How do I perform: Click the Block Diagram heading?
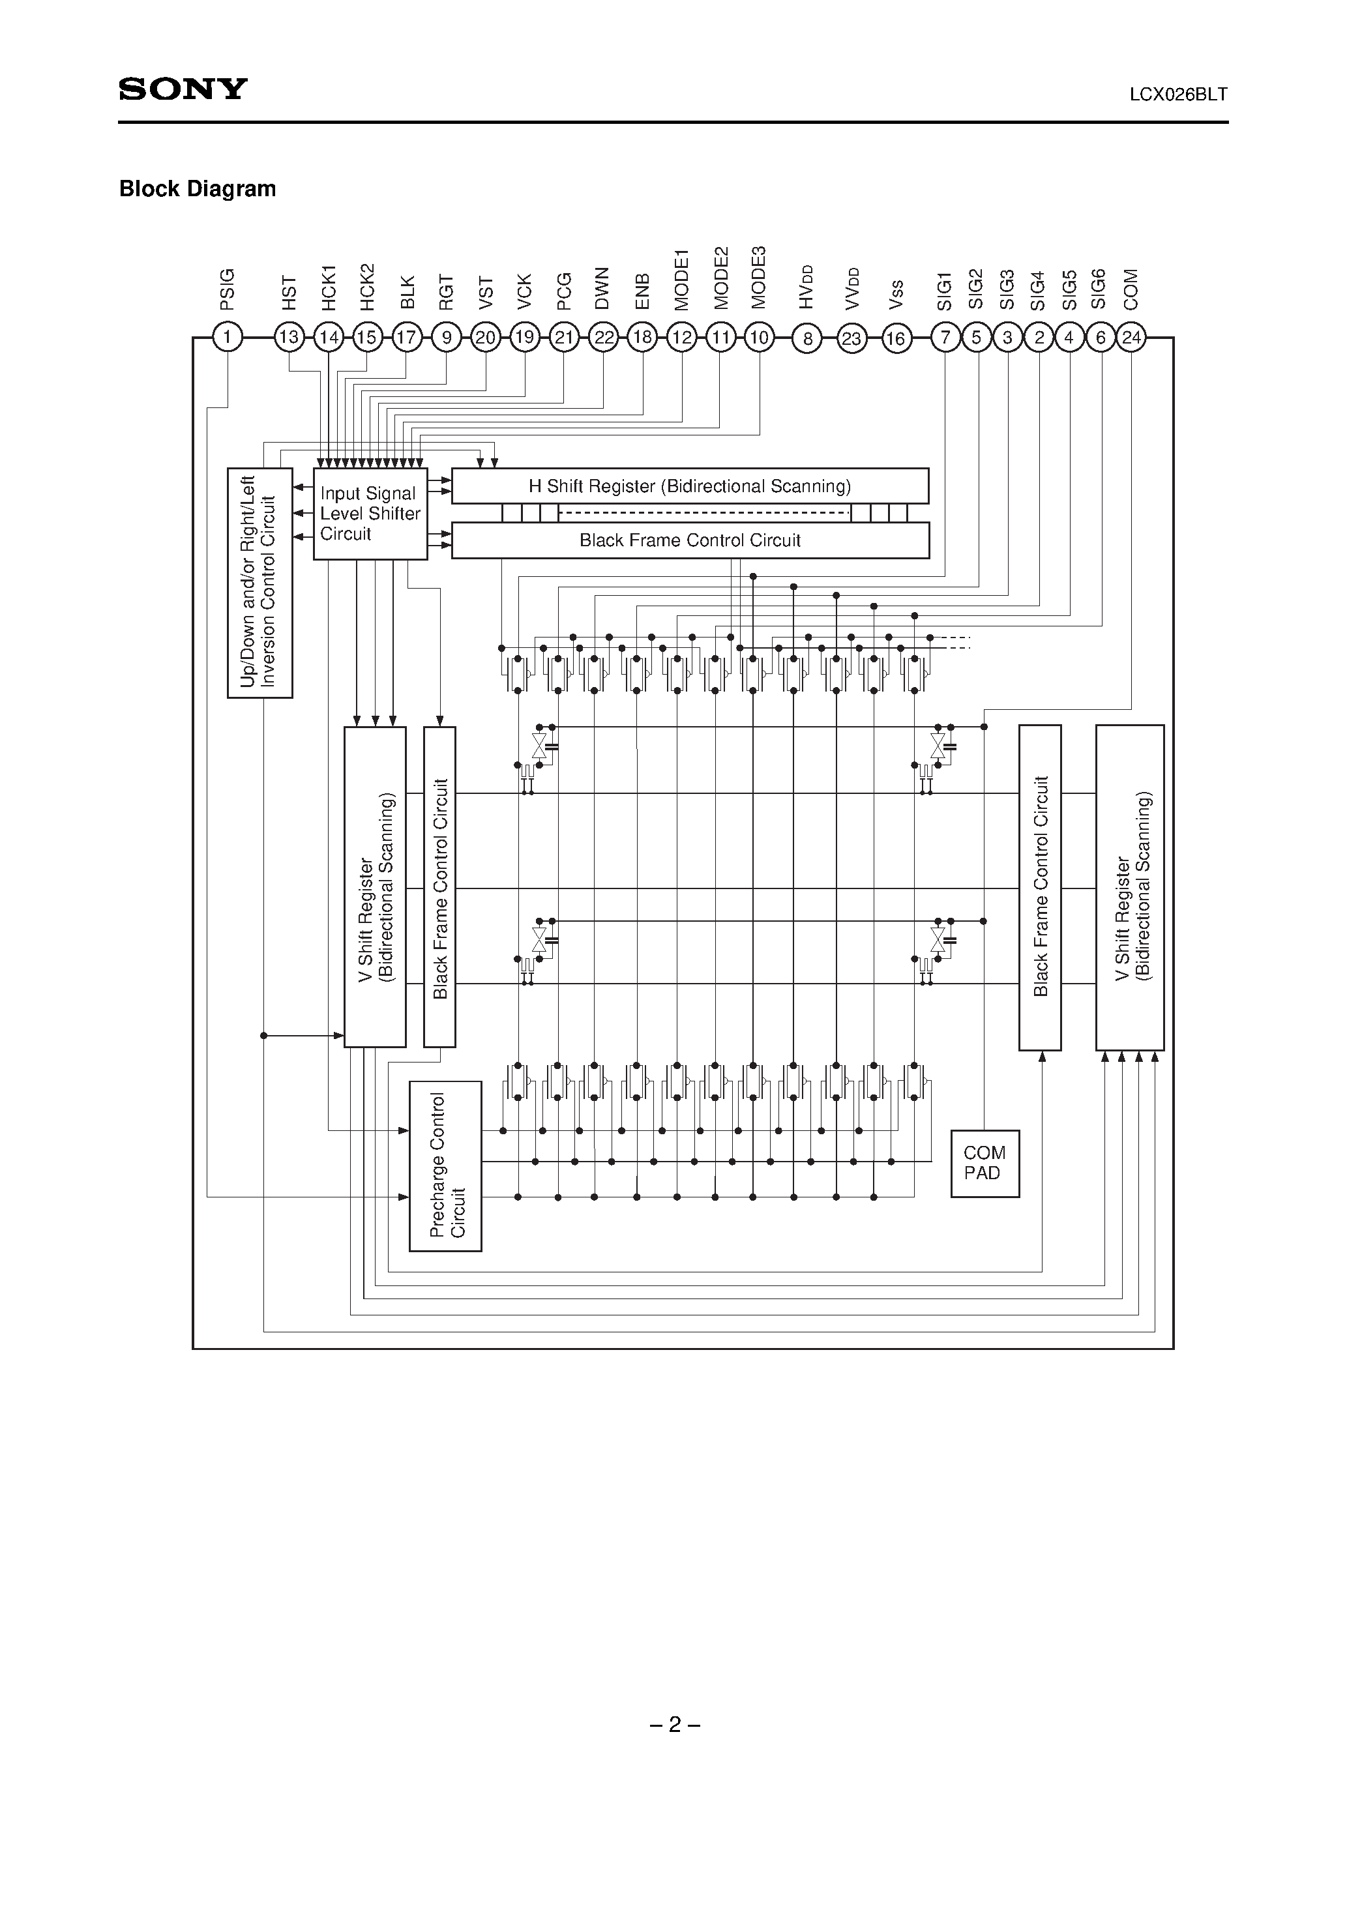(198, 189)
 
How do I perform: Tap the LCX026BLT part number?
(1177, 95)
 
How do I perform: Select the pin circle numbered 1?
(227, 338)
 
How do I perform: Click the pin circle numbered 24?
(1131, 338)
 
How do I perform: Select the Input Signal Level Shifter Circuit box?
(370, 514)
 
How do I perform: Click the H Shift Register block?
(689, 486)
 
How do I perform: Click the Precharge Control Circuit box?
(445, 1166)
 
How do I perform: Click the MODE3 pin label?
(759, 278)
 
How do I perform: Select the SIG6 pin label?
(1099, 289)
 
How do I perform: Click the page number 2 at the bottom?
(674, 1725)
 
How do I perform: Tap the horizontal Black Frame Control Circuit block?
(689, 540)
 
